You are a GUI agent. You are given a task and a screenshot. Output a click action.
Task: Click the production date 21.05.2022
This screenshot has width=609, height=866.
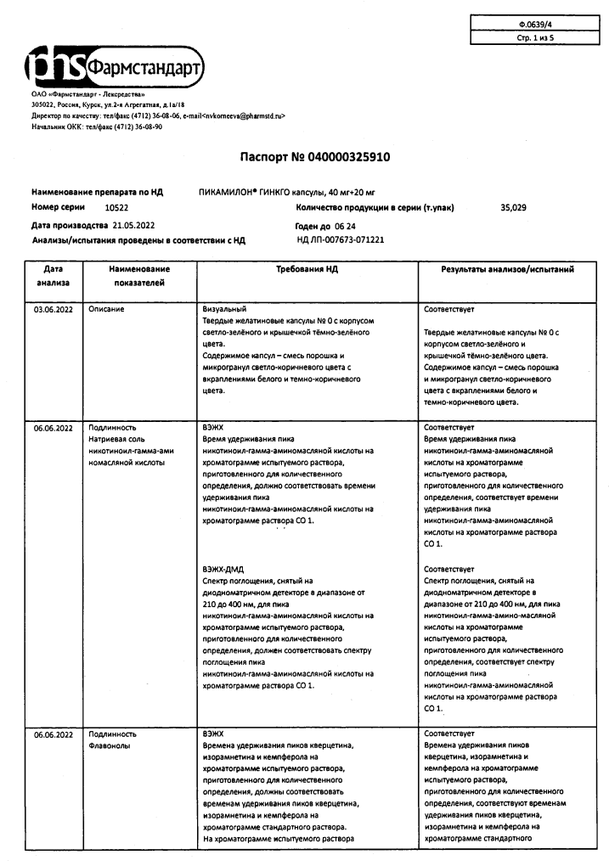click(133, 225)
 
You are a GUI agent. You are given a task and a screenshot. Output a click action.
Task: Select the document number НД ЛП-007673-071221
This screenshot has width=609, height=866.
click(341, 240)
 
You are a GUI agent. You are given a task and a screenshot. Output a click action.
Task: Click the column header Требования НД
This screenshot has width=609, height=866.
click(307, 269)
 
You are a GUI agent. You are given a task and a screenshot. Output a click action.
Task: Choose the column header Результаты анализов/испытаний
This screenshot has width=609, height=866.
click(507, 269)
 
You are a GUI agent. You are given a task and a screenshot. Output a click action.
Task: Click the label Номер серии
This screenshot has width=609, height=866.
click(59, 207)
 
